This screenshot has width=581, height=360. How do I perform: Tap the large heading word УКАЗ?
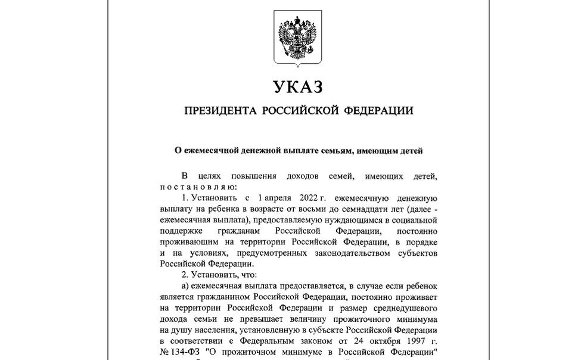[298, 88]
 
